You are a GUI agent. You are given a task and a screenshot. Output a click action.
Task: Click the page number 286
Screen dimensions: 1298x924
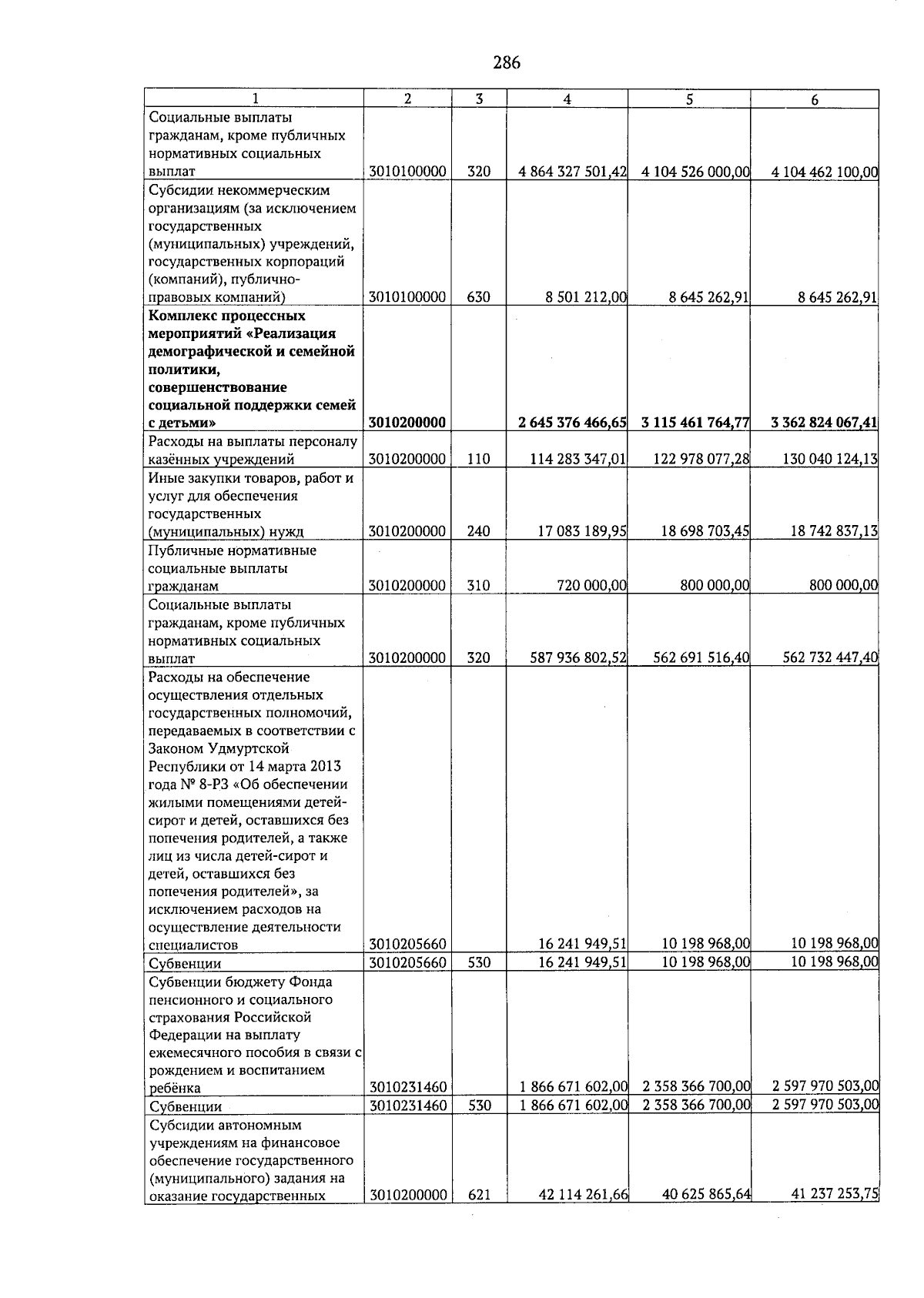(x=507, y=63)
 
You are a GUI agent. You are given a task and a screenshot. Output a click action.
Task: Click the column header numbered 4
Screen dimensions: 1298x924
(x=567, y=99)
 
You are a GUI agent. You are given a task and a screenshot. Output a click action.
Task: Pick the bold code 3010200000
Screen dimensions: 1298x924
(x=407, y=423)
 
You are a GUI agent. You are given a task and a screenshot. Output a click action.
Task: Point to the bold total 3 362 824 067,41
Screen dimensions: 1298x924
(x=824, y=423)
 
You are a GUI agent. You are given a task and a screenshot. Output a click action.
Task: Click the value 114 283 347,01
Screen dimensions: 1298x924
(x=578, y=460)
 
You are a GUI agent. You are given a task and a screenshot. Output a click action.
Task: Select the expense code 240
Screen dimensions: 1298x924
(x=479, y=531)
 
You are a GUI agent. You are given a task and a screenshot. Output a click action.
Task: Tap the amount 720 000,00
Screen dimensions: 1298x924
(x=591, y=586)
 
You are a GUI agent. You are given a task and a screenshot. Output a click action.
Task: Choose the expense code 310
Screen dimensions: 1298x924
(x=479, y=586)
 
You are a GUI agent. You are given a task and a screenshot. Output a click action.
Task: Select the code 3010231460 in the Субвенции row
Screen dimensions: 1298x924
(x=407, y=1107)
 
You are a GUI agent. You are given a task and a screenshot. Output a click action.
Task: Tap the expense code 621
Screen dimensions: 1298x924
(x=479, y=1216)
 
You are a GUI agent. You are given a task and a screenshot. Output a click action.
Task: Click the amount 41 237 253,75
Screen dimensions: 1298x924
(x=835, y=1216)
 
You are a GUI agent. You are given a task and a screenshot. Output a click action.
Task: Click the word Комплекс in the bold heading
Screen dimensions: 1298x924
(x=184, y=316)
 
